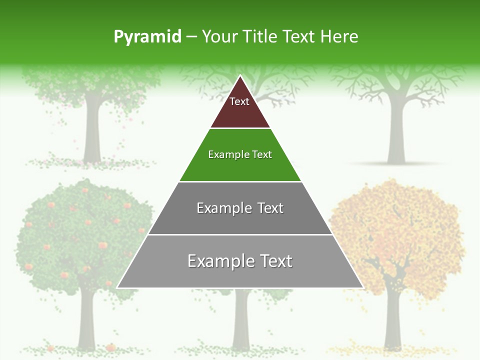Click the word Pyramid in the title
(x=147, y=36)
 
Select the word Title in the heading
(x=260, y=36)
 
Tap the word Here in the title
(x=339, y=36)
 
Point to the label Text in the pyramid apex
(x=239, y=101)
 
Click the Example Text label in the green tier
(x=240, y=154)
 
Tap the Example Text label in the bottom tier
(x=240, y=261)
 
